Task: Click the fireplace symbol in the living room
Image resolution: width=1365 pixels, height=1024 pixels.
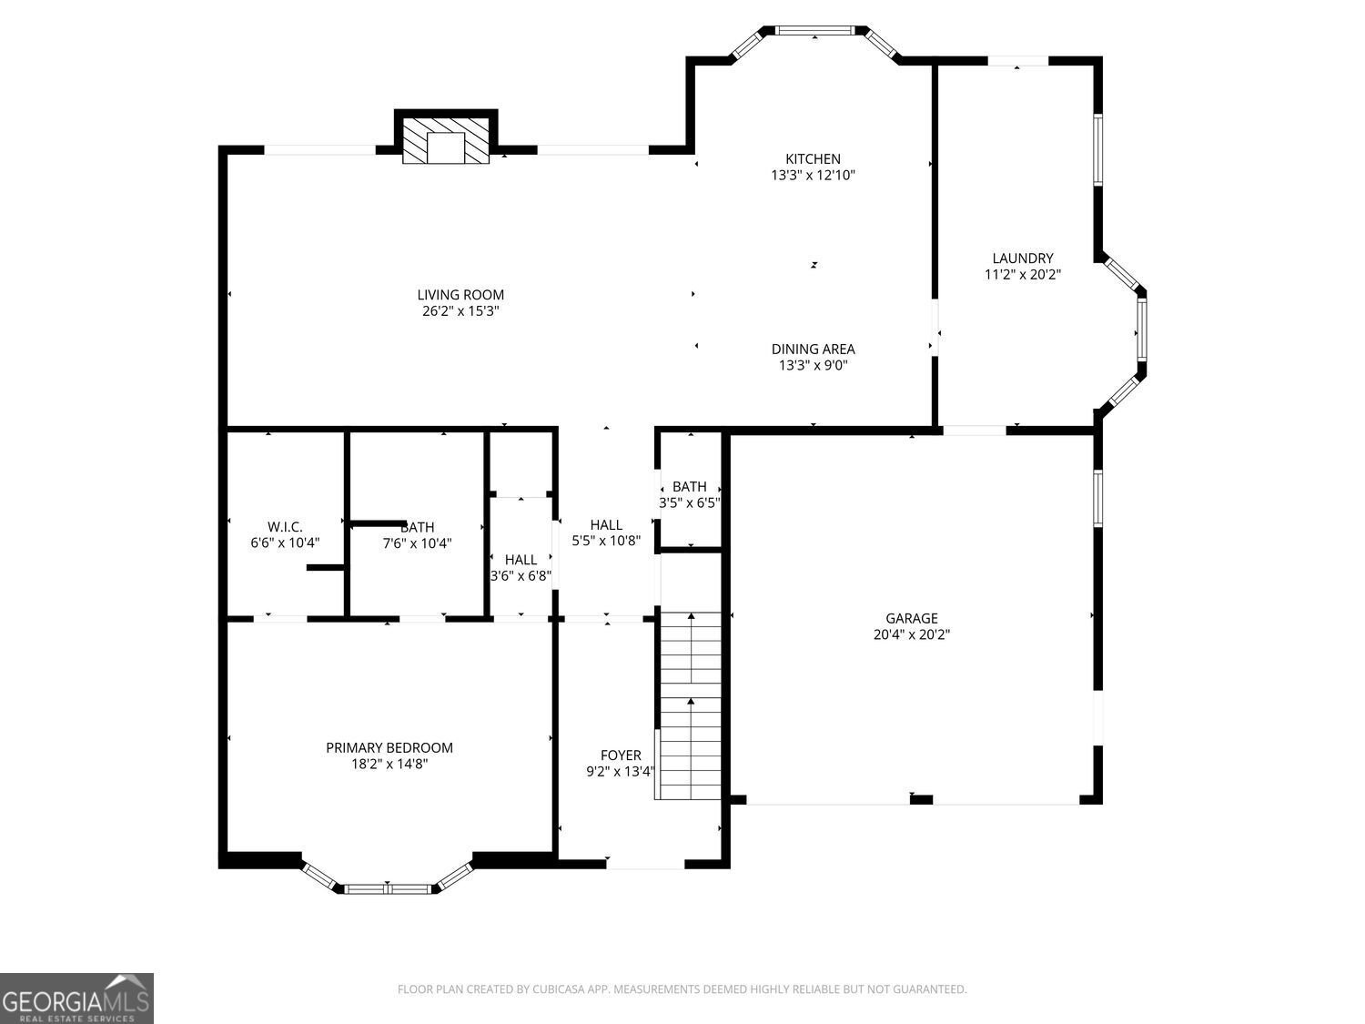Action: point(446,142)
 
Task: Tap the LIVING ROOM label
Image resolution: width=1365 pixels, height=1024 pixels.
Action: point(460,295)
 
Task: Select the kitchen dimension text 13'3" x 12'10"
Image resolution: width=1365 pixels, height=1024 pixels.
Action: point(813,175)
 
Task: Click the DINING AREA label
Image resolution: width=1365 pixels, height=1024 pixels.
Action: point(813,349)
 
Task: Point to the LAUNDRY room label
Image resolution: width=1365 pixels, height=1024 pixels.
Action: point(1023,259)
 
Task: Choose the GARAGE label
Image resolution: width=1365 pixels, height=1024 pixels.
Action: point(912,619)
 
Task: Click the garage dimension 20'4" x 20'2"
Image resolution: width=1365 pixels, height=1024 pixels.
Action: point(912,635)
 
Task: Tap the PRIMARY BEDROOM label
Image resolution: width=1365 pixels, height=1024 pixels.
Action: point(389,748)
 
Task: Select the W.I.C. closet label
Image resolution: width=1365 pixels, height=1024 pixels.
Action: point(285,527)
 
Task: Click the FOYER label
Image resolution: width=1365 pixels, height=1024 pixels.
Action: point(621,755)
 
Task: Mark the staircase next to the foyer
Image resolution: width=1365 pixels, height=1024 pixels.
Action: point(691,706)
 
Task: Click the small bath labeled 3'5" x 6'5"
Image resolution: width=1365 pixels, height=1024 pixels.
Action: point(690,494)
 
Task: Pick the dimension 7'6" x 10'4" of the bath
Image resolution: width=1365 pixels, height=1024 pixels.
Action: point(417,543)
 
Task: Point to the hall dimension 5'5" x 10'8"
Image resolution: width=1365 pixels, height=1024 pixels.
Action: point(606,541)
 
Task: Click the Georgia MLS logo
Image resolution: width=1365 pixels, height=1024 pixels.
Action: point(76,999)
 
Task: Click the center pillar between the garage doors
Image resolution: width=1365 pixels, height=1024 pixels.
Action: point(921,800)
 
